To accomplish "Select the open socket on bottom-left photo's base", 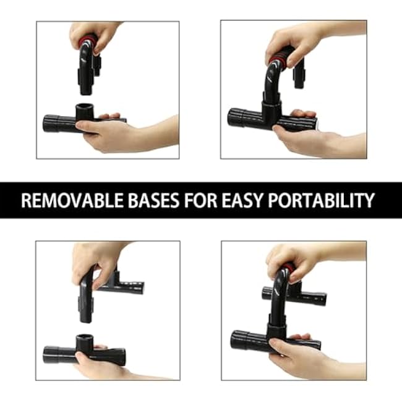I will pos(85,340).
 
